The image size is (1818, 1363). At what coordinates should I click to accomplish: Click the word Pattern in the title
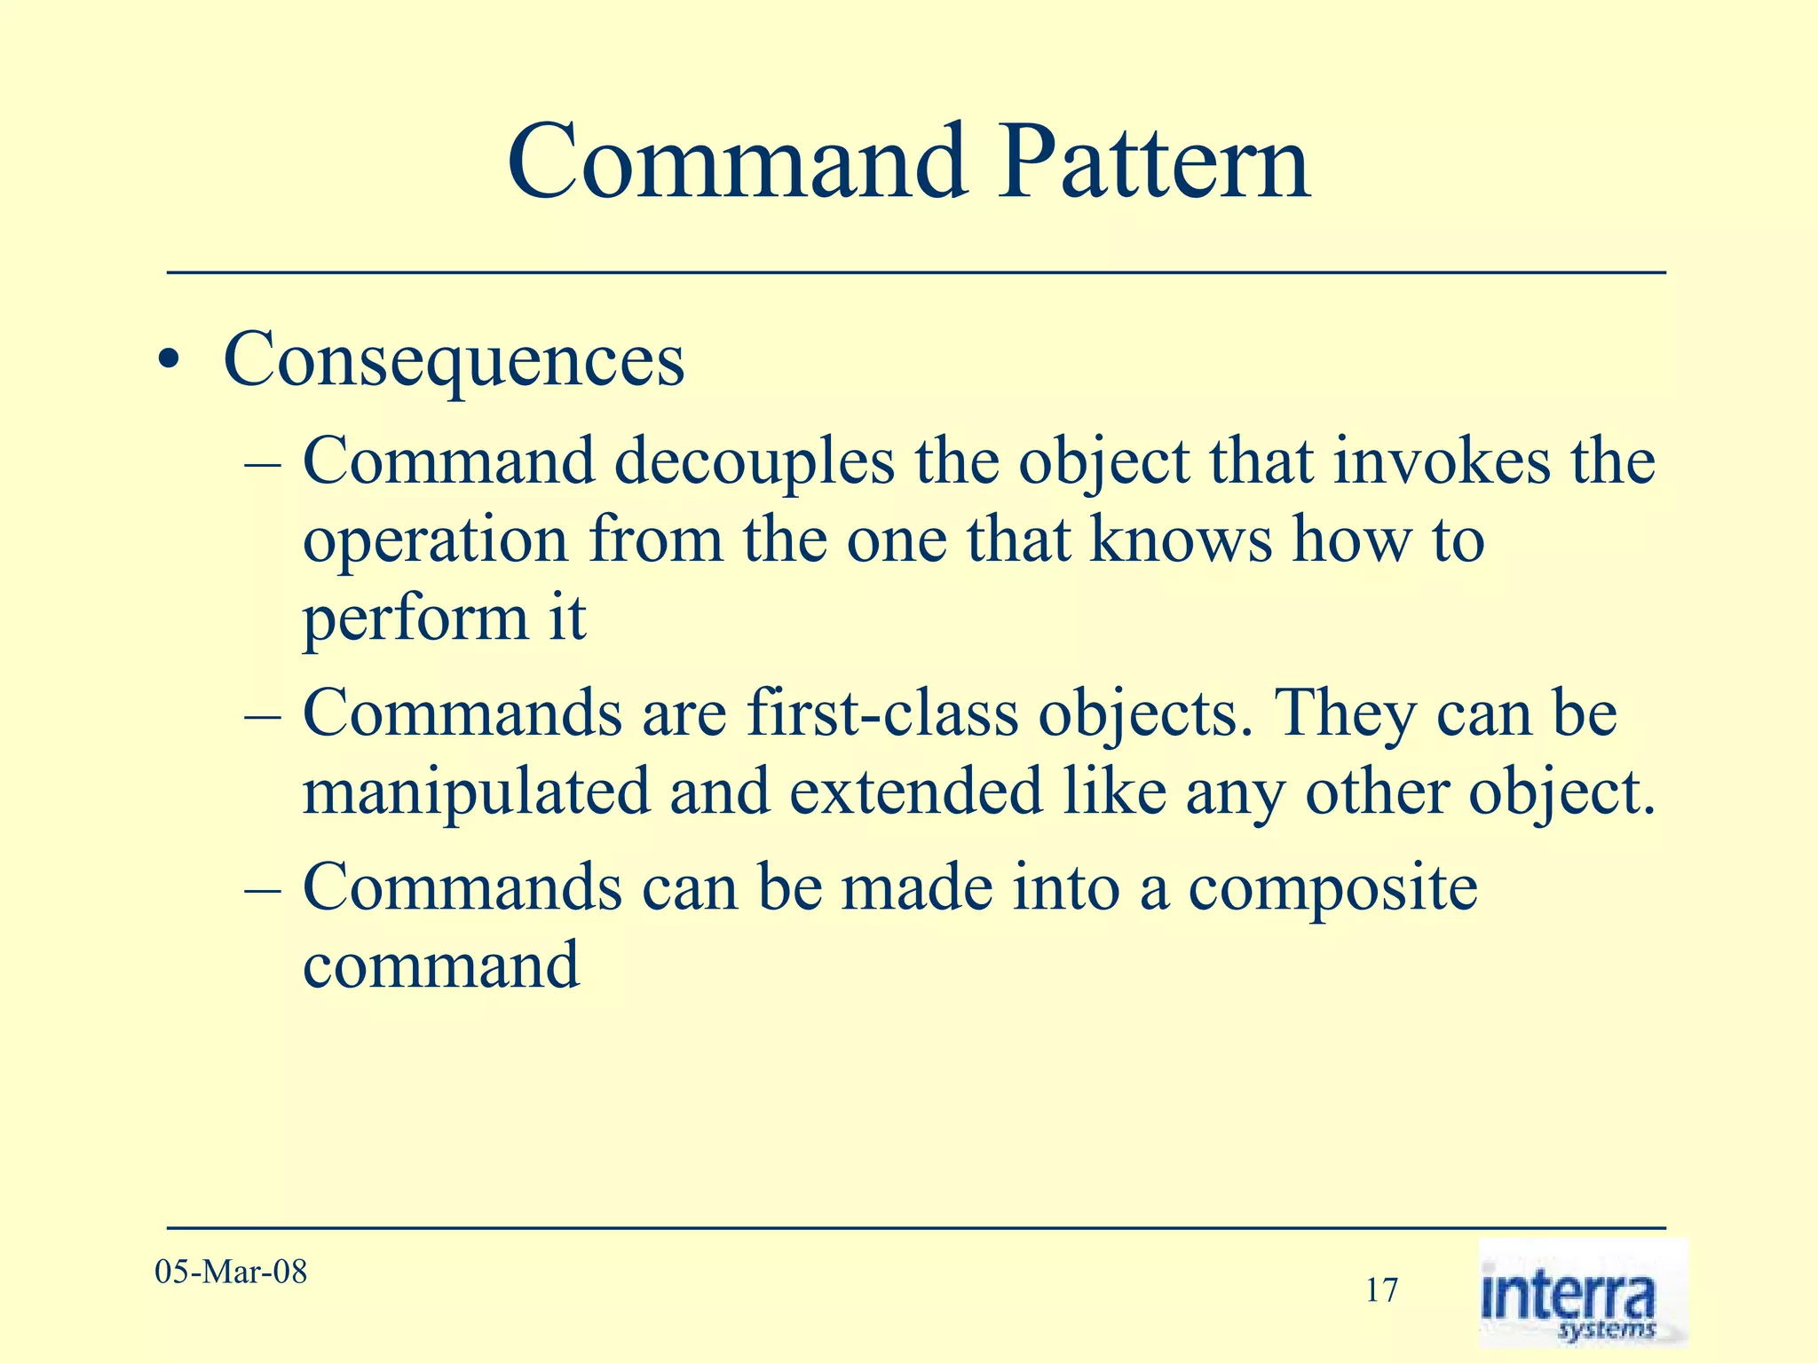pyautogui.click(x=1153, y=163)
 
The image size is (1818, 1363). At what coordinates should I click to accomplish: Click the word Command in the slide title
pyautogui.click(x=737, y=163)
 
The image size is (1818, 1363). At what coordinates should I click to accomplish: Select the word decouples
pyautogui.click(x=755, y=463)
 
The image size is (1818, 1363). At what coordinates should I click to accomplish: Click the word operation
pyautogui.click(x=435, y=541)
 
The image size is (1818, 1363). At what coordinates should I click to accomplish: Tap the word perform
pyautogui.click(x=415, y=619)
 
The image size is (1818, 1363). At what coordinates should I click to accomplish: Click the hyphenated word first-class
pyautogui.click(x=882, y=713)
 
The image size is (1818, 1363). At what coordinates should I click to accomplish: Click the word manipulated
pyautogui.click(x=477, y=792)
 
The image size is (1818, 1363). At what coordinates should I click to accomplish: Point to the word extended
pyautogui.click(x=915, y=792)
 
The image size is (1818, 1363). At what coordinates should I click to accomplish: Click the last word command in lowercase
pyautogui.click(x=441, y=965)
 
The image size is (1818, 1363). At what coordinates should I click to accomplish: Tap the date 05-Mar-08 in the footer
pyautogui.click(x=231, y=1272)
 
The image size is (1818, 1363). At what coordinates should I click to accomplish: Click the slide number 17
pyautogui.click(x=1381, y=1290)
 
